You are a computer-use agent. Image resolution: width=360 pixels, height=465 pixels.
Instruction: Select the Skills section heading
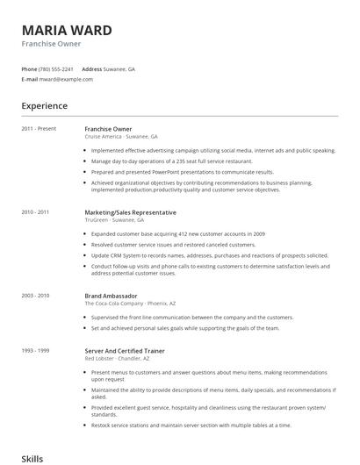tap(32, 457)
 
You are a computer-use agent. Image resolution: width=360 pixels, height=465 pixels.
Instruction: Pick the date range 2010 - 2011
tap(35, 212)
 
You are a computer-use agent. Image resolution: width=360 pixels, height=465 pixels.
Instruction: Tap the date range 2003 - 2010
tap(35, 296)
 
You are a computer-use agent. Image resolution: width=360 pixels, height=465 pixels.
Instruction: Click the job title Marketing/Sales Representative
tap(130, 212)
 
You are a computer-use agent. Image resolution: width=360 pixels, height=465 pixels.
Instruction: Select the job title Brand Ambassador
tap(110, 296)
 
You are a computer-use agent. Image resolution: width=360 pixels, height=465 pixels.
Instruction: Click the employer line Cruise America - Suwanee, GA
tap(121, 137)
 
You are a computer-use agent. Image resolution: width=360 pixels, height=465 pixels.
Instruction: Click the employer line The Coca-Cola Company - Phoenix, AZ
tap(132, 304)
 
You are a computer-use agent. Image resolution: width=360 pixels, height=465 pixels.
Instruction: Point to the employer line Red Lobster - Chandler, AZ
tap(118, 359)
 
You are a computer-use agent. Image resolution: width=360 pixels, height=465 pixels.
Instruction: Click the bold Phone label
tap(29, 68)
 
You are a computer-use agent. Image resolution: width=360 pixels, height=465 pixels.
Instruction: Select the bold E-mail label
tap(29, 79)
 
